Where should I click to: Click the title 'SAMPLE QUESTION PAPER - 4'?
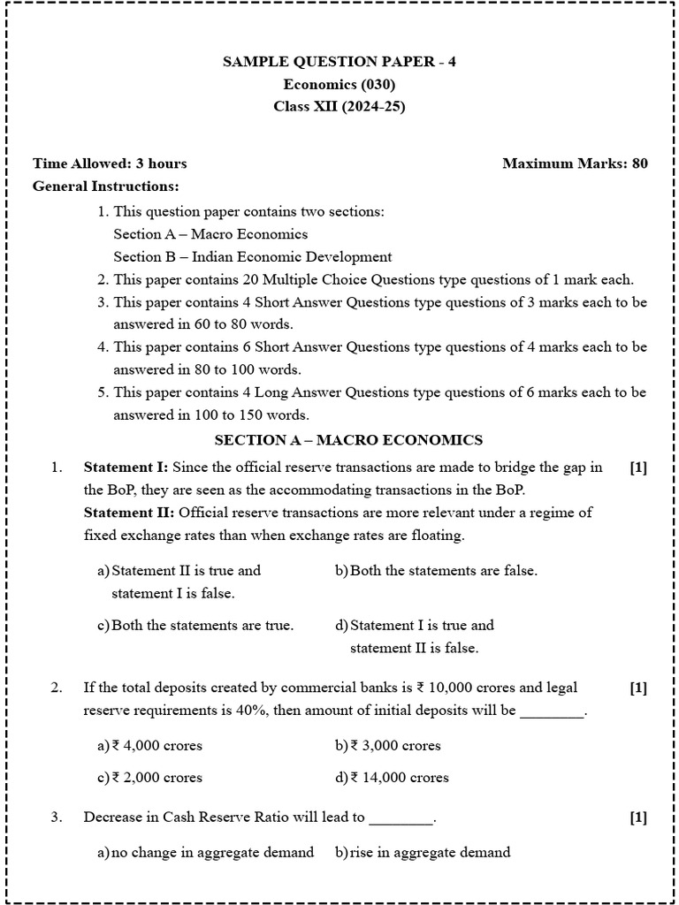tap(340, 62)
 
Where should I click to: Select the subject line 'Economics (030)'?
tap(339, 85)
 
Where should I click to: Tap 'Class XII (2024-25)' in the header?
tap(339, 108)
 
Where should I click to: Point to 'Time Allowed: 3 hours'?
tap(110, 164)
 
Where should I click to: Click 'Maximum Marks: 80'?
tap(575, 164)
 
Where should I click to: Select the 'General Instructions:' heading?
tap(105, 186)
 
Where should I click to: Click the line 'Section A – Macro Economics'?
tap(210, 234)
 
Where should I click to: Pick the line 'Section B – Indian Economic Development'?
tap(252, 257)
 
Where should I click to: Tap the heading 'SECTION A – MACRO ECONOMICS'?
tap(348, 439)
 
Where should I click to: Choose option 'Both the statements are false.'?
tap(443, 571)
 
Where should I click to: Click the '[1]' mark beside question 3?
tap(638, 818)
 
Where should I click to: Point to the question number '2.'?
tap(56, 688)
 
